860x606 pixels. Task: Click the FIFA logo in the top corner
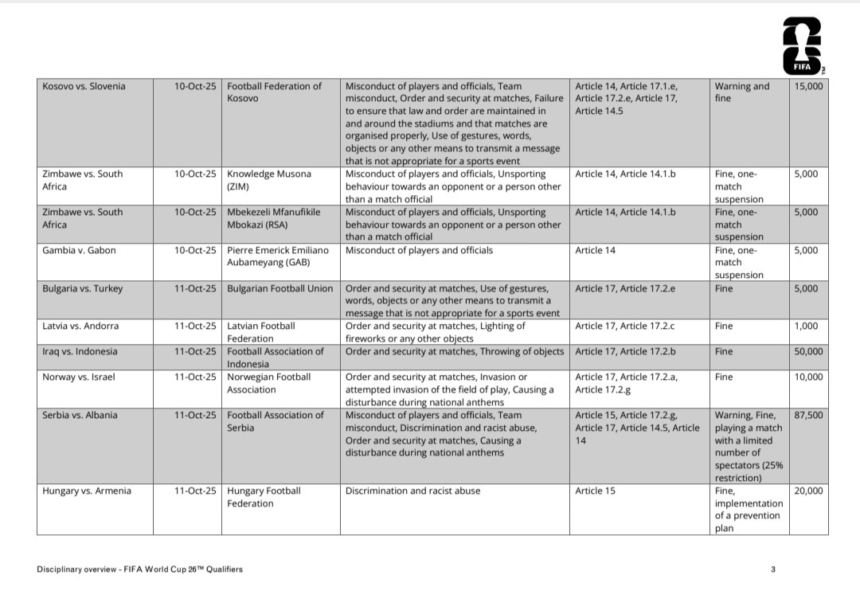click(x=802, y=46)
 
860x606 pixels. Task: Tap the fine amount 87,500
click(x=809, y=415)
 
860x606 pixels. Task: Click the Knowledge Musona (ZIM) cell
click(x=269, y=180)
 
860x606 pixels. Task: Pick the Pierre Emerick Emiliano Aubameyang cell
click(x=278, y=256)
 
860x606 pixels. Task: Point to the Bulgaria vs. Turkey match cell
click(x=83, y=288)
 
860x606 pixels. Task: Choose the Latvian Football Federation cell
click(x=261, y=332)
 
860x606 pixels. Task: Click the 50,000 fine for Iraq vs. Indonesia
click(x=809, y=351)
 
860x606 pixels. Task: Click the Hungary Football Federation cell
click(x=264, y=497)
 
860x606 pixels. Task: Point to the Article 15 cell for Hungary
click(x=595, y=491)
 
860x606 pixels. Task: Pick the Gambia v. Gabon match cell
click(x=79, y=250)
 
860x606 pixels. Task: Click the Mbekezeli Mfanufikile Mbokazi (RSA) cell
click(x=273, y=218)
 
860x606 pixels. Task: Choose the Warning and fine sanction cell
click(x=742, y=92)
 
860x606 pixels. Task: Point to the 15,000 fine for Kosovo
click(x=809, y=86)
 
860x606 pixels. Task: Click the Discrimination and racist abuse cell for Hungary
click(x=412, y=491)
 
